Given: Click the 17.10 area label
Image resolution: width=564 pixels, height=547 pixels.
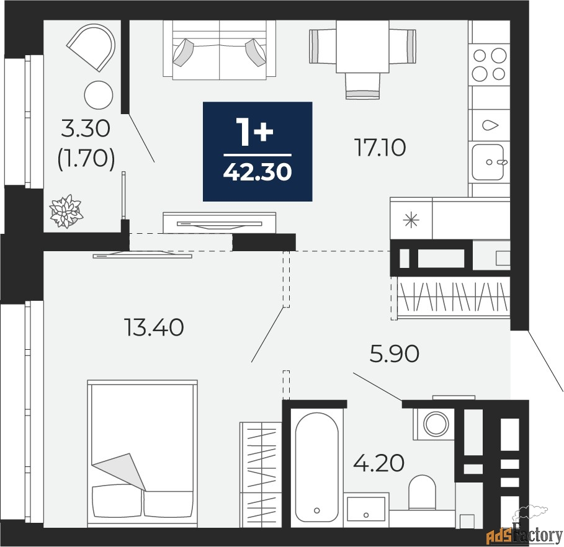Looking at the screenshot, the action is click(380, 148).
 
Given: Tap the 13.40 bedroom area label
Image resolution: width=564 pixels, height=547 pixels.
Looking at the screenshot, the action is click(154, 327).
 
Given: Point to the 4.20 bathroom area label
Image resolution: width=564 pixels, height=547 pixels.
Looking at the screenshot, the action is click(378, 463).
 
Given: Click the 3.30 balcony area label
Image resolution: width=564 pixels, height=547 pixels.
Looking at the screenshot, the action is click(85, 129).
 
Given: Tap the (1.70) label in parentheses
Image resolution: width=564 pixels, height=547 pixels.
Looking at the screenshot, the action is click(86, 158).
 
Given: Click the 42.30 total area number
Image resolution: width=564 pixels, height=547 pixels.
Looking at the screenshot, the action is click(257, 172).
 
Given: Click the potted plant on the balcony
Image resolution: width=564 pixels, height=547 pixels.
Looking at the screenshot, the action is click(66, 211).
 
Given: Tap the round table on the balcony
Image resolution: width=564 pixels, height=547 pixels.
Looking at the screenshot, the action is click(99, 96).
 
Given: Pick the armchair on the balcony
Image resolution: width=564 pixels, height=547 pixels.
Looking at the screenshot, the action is click(92, 47).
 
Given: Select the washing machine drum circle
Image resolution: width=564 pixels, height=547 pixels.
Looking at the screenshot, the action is click(436, 424).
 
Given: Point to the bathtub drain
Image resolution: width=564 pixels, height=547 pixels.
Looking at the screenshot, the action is click(316, 510).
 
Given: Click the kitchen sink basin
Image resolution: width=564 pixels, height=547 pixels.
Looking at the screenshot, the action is click(488, 162).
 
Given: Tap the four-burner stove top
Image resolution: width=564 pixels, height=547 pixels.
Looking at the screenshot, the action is click(489, 64).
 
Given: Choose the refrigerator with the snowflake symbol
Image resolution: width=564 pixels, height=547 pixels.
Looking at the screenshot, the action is click(411, 219).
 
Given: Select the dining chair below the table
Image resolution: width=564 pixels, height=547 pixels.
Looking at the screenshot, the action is click(362, 86).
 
